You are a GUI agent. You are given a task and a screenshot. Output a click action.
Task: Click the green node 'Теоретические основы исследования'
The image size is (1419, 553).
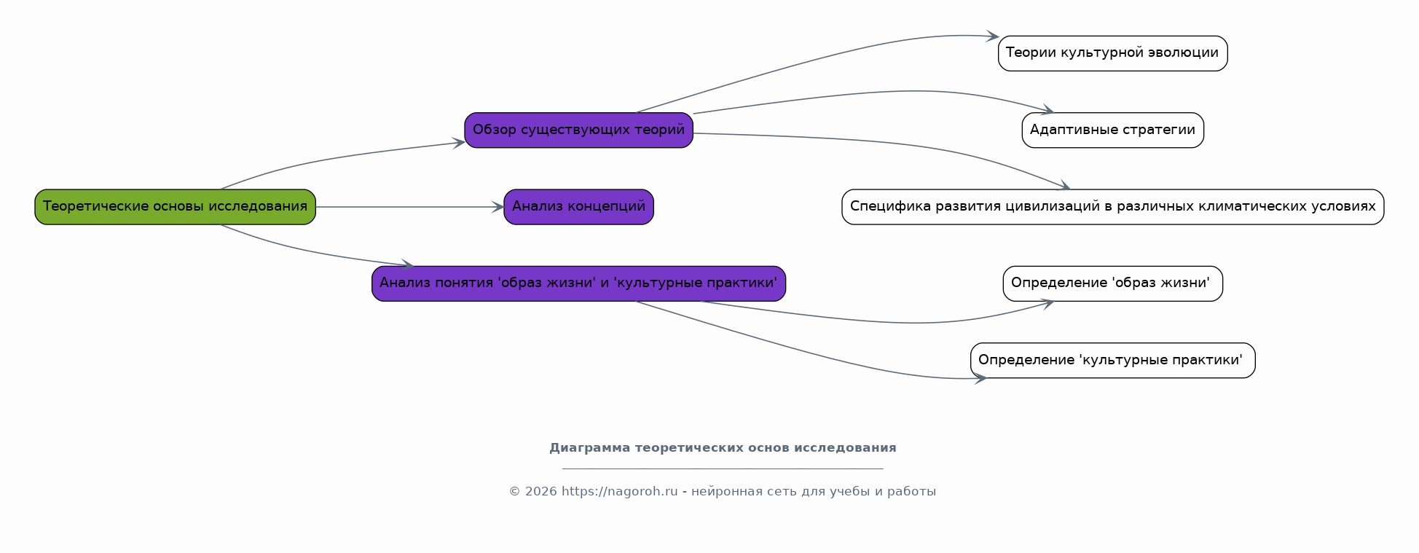coord(175,207)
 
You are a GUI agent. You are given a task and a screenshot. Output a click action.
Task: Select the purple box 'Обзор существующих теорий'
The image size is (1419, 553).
coord(578,130)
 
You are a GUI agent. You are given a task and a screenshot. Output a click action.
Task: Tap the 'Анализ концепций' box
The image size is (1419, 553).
coord(578,207)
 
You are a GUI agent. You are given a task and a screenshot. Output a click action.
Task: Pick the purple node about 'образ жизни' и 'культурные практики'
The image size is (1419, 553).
coord(578,283)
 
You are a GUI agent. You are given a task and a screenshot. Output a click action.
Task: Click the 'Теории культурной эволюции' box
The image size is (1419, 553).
coord(1112,53)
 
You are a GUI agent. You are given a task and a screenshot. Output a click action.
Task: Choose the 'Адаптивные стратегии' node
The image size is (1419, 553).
coord(1112,130)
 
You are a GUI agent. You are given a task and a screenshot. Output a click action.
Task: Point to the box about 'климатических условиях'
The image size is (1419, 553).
coord(1112,207)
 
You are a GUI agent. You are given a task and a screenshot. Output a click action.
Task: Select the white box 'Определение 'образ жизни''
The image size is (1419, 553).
coord(1112,283)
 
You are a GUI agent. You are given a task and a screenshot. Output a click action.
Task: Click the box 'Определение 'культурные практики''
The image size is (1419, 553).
coord(1112,361)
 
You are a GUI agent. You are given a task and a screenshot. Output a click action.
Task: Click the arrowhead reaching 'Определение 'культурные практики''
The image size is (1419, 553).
coord(980,378)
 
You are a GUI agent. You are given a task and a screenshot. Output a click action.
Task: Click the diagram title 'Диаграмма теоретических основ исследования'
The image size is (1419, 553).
coord(723,448)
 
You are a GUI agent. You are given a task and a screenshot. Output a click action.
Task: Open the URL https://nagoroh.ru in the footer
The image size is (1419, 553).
coord(619,492)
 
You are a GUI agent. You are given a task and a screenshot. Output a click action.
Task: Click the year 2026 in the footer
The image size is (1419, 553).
coord(541,492)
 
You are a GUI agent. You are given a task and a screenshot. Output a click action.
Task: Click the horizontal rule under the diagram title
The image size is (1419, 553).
coord(723,468)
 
